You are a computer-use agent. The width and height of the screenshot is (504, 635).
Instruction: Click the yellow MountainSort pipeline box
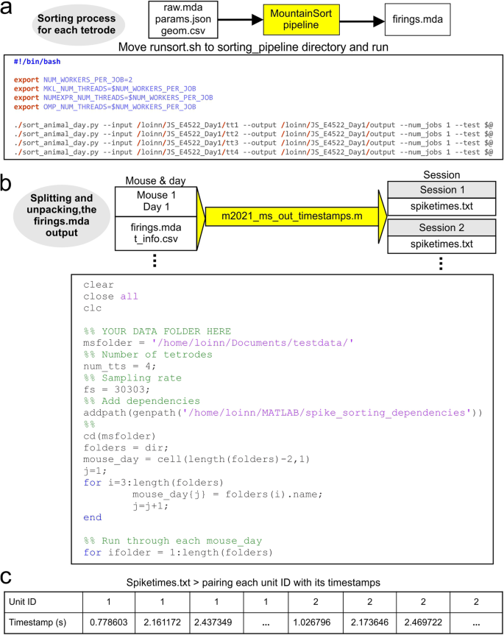click(295, 20)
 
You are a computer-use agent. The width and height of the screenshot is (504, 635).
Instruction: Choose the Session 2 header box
click(433, 227)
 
